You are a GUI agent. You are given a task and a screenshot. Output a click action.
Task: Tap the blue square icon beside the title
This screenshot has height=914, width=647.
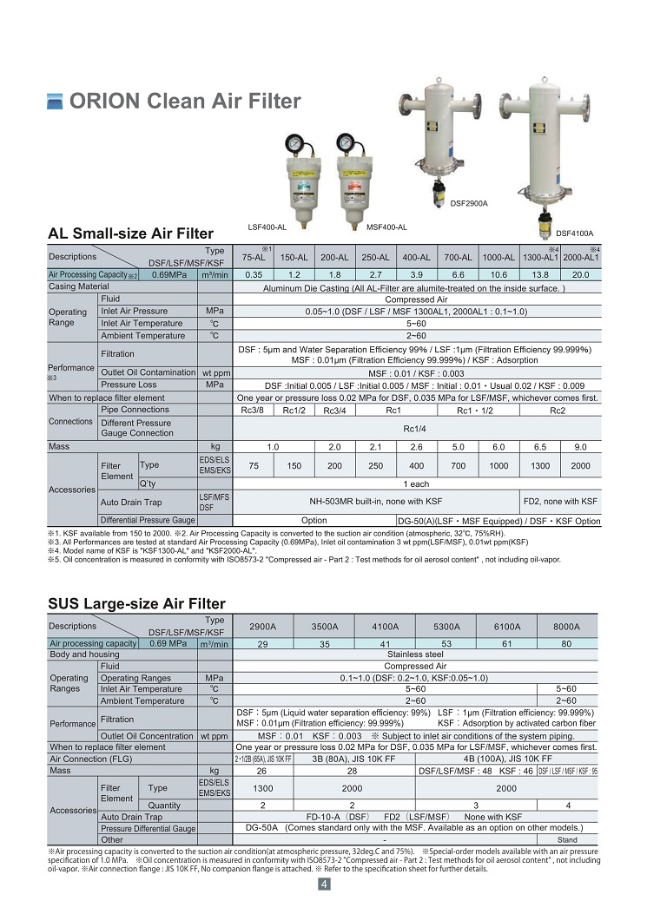55,102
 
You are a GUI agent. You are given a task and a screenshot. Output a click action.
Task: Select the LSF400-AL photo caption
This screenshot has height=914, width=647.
267,227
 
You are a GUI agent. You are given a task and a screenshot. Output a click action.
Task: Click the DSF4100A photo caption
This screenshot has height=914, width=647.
574,233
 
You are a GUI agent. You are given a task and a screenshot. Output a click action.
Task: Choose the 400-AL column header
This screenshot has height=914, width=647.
416,258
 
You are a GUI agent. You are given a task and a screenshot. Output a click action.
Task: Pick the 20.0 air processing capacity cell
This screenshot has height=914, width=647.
579,274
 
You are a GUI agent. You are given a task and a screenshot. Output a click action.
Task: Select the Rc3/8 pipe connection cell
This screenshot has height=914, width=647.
254,410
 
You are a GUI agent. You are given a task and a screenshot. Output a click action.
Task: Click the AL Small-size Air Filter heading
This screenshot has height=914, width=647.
130,233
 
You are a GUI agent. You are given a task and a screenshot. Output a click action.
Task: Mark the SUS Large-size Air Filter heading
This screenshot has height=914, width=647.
136,603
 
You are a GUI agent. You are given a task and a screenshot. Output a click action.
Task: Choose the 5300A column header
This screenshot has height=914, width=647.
446,626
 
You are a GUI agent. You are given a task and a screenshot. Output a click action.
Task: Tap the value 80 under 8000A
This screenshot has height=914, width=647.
566,644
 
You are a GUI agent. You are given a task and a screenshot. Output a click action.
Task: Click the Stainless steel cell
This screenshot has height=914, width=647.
415,654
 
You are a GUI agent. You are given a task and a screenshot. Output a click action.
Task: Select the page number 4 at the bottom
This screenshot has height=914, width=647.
323,884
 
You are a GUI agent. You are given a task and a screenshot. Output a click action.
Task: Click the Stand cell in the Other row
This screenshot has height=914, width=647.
566,840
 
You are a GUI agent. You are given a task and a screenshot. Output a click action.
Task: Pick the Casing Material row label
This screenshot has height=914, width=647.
79,286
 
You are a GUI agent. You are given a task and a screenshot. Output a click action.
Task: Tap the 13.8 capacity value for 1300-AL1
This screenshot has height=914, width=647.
540,274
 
